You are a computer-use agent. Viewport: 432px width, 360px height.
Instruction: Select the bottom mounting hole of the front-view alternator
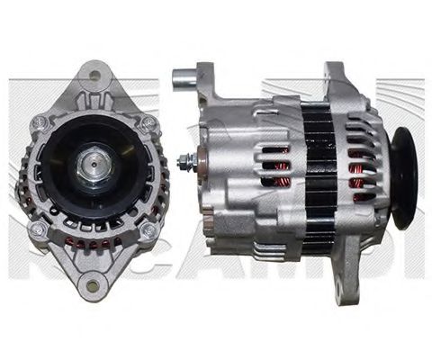point(90,287)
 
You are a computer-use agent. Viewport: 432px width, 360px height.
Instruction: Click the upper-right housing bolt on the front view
point(147,121)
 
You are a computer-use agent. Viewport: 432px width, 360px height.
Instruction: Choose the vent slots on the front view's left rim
point(31,175)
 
